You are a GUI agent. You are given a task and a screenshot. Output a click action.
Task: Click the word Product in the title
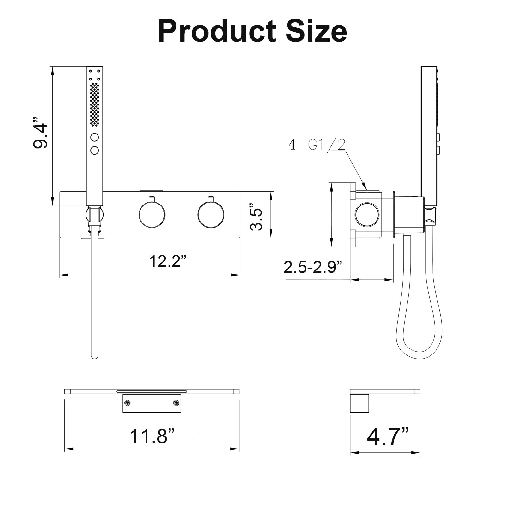coord(217,32)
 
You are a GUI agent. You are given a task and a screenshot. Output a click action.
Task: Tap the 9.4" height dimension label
coord(40,132)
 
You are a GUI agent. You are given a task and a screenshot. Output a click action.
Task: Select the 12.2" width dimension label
coord(168,261)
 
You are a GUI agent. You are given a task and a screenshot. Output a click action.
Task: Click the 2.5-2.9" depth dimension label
coord(313,267)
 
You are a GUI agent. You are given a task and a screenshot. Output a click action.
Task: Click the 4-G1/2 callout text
coord(317,145)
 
